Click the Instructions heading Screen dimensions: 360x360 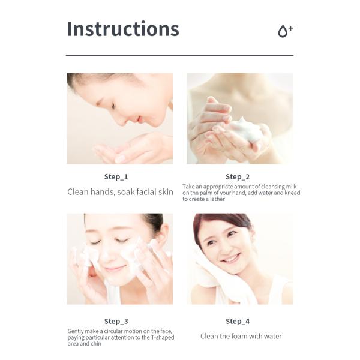click(x=123, y=29)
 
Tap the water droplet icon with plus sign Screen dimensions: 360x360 click(x=286, y=31)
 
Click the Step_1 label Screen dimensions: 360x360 click(x=116, y=177)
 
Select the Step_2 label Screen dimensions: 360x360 click(x=238, y=177)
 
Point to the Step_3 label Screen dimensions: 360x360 click(x=116, y=321)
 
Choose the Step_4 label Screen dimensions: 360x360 click(x=238, y=321)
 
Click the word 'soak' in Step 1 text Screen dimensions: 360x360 click(x=127, y=192)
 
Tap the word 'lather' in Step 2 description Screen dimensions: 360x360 click(x=217, y=199)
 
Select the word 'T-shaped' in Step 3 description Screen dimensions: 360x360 click(x=163, y=337)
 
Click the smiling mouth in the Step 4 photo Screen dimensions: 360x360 click(x=230, y=259)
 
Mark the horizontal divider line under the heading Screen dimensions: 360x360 click(x=180, y=55)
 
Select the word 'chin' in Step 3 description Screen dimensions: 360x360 click(x=96, y=344)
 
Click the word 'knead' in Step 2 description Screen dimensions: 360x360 click(x=292, y=193)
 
